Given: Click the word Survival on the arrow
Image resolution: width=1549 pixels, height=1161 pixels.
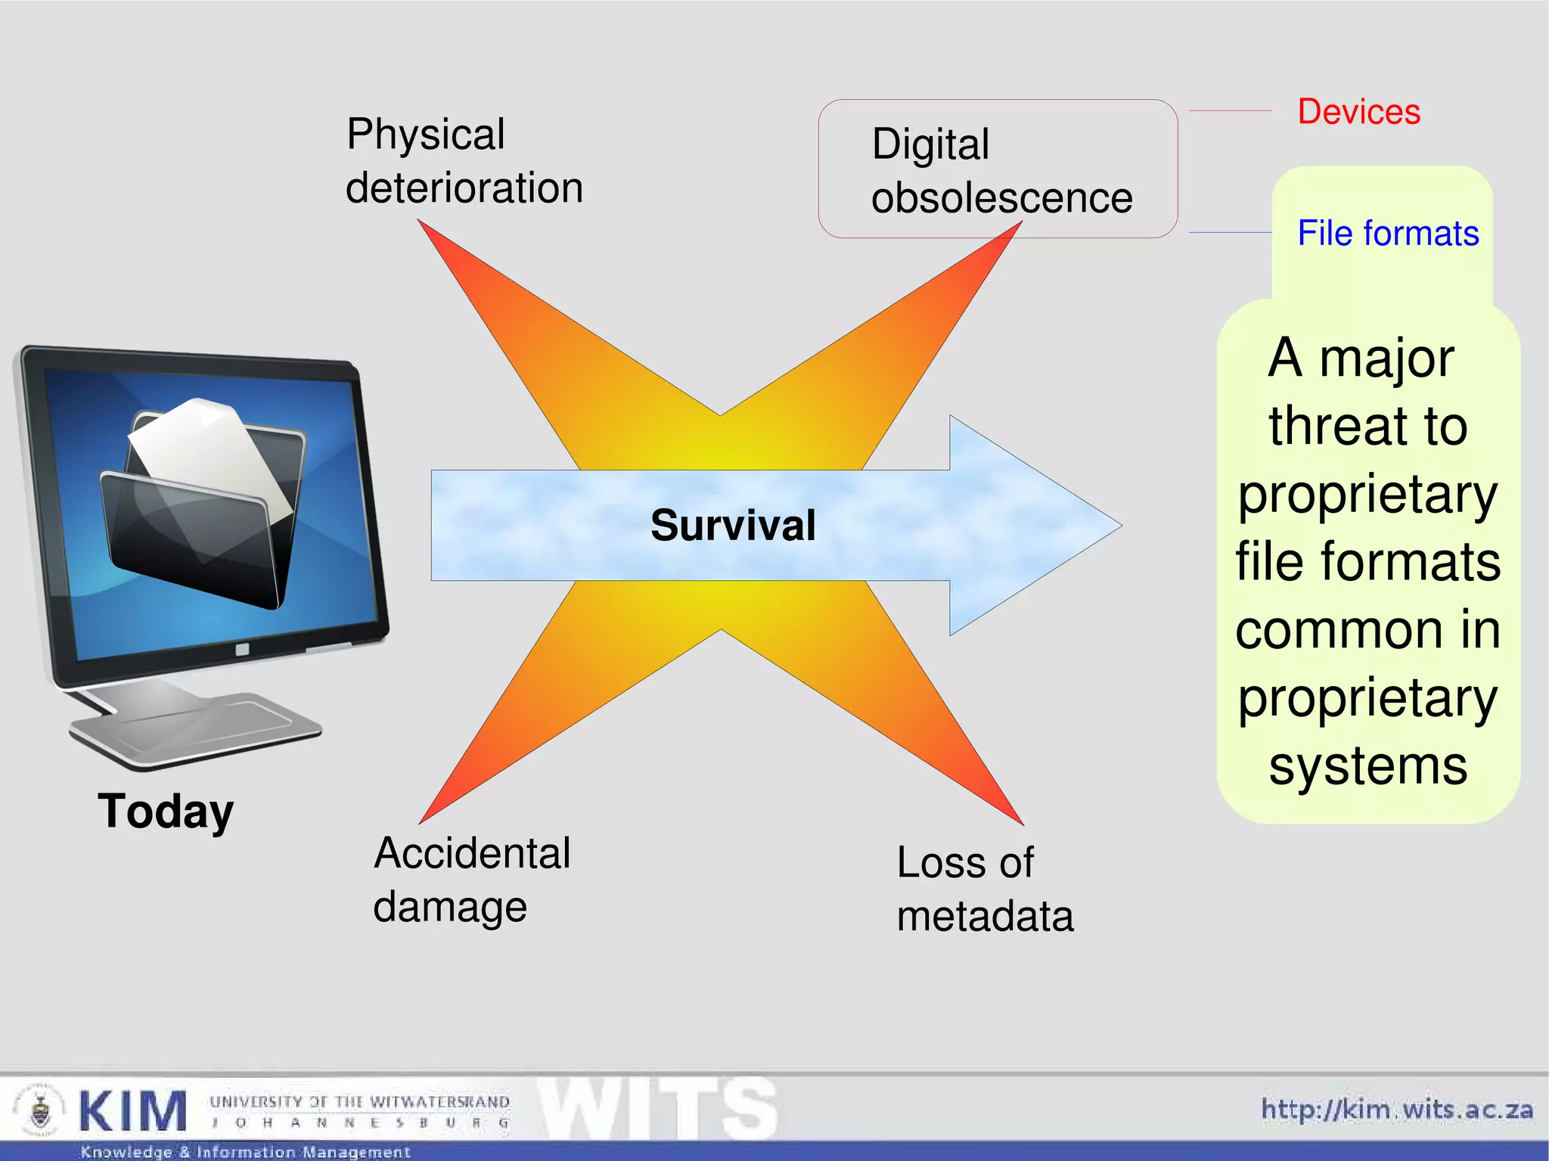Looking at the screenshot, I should tap(733, 525).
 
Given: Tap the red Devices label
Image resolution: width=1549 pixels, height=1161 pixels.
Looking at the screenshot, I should tap(1358, 112).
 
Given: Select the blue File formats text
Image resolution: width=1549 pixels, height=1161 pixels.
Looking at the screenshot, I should tap(1387, 233).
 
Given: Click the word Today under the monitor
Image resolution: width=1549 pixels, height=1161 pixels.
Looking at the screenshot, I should tap(166, 811).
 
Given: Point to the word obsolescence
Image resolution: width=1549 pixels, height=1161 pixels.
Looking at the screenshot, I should tap(1001, 198).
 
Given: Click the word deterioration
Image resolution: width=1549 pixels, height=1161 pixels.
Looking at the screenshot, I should tap(464, 188).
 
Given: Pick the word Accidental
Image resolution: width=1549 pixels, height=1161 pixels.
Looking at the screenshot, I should tap(472, 853).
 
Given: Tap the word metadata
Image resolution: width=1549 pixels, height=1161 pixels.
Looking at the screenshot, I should tap(985, 916).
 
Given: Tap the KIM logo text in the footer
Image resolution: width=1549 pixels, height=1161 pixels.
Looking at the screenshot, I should tap(133, 1111).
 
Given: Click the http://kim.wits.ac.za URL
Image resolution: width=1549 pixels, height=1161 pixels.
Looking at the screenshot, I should tap(1396, 1110).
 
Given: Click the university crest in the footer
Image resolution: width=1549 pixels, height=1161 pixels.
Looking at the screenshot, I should tap(39, 1110).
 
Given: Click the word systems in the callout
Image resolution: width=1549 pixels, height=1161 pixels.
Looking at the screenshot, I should tap(1367, 765).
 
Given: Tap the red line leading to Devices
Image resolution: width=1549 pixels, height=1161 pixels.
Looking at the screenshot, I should tap(1231, 111).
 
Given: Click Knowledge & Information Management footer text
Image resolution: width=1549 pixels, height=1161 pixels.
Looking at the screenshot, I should tap(245, 1152).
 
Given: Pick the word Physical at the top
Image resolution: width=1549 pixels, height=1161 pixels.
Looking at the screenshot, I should tap(425, 135).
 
